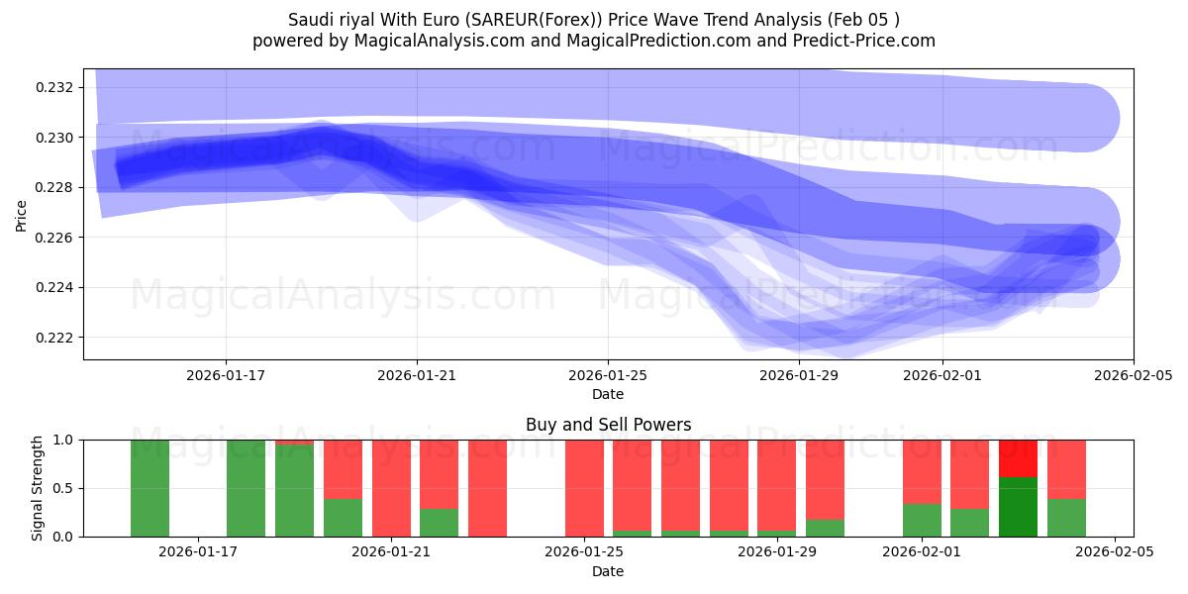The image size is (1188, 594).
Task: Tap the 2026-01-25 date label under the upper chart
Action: [x=608, y=374]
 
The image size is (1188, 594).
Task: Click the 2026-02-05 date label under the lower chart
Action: [x=1115, y=551]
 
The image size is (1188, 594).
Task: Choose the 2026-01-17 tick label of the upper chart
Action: [x=226, y=374]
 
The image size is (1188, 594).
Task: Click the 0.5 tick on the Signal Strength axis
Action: [x=63, y=488]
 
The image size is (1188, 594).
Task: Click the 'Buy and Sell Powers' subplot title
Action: [x=608, y=425]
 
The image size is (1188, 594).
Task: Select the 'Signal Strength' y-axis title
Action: [x=37, y=488]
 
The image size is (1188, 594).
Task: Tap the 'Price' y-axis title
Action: [x=22, y=215]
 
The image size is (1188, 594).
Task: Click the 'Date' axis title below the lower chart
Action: [x=608, y=571]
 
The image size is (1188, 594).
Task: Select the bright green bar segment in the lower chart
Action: [x=1018, y=507]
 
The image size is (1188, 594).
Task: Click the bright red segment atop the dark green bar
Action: [x=1018, y=458]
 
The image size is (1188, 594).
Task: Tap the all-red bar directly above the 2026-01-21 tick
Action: [x=391, y=488]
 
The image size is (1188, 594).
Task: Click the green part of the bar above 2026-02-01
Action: [x=922, y=520]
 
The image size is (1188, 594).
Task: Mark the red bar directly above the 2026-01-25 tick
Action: [x=584, y=488]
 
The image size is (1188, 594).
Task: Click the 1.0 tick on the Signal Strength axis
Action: [x=63, y=440]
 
